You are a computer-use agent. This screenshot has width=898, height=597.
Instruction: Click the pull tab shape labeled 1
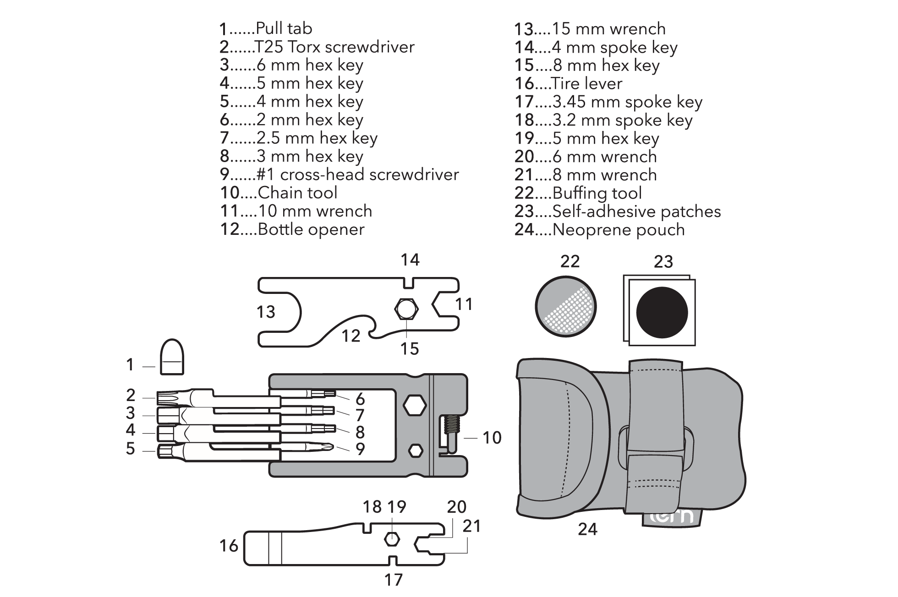click(x=172, y=357)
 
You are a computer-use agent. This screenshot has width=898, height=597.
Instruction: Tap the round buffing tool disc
click(x=565, y=306)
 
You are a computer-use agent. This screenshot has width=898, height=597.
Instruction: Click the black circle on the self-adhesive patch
click(x=662, y=312)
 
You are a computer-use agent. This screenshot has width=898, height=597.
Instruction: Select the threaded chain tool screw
click(x=451, y=426)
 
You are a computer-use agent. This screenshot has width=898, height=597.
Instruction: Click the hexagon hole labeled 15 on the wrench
click(x=406, y=309)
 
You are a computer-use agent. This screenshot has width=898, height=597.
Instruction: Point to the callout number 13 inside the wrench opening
click(x=266, y=312)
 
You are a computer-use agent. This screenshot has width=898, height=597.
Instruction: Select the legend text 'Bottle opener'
click(x=311, y=229)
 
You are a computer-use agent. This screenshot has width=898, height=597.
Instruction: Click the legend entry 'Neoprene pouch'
click(x=618, y=230)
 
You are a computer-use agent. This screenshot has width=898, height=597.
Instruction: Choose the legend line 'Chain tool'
click(x=297, y=193)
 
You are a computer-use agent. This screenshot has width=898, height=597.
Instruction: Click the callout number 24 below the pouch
click(x=587, y=529)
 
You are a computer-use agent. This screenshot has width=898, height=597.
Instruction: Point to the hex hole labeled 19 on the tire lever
click(x=391, y=539)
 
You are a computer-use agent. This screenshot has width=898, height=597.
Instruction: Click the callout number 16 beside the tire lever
click(x=229, y=546)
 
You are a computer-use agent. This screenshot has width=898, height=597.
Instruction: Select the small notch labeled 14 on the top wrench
click(x=408, y=282)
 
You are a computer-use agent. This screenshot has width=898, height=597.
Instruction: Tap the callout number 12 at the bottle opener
click(x=351, y=336)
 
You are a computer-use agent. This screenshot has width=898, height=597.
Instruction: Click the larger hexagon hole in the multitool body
click(x=415, y=406)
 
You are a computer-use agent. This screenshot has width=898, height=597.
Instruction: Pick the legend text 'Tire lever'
click(x=587, y=84)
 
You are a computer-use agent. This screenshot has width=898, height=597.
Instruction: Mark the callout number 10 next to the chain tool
click(x=492, y=438)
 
